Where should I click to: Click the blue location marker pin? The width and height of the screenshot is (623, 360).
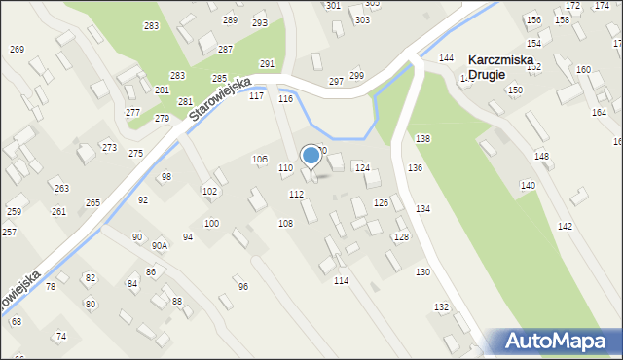pos(311,156)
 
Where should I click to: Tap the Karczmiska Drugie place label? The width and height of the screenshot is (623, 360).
pos(499,67)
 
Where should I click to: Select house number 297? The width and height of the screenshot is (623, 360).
pos(336,82)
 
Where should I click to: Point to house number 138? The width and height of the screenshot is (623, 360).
pos(422,139)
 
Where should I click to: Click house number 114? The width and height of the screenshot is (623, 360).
pos(341,281)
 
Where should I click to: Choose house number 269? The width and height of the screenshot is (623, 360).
pos(17,50)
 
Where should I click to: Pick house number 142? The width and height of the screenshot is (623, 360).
pos(565,226)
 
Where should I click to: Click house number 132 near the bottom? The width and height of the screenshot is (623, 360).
pos(441,307)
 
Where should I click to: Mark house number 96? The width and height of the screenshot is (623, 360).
pos(242,287)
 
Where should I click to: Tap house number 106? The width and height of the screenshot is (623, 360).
pos(260,159)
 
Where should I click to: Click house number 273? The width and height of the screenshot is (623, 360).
pos(109,148)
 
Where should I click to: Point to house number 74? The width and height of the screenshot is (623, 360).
pos(60,336)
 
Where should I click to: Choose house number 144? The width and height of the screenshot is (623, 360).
pos(446,59)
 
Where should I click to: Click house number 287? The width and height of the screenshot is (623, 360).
pos(225,49)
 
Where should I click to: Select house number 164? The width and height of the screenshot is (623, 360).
pos(598,113)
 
